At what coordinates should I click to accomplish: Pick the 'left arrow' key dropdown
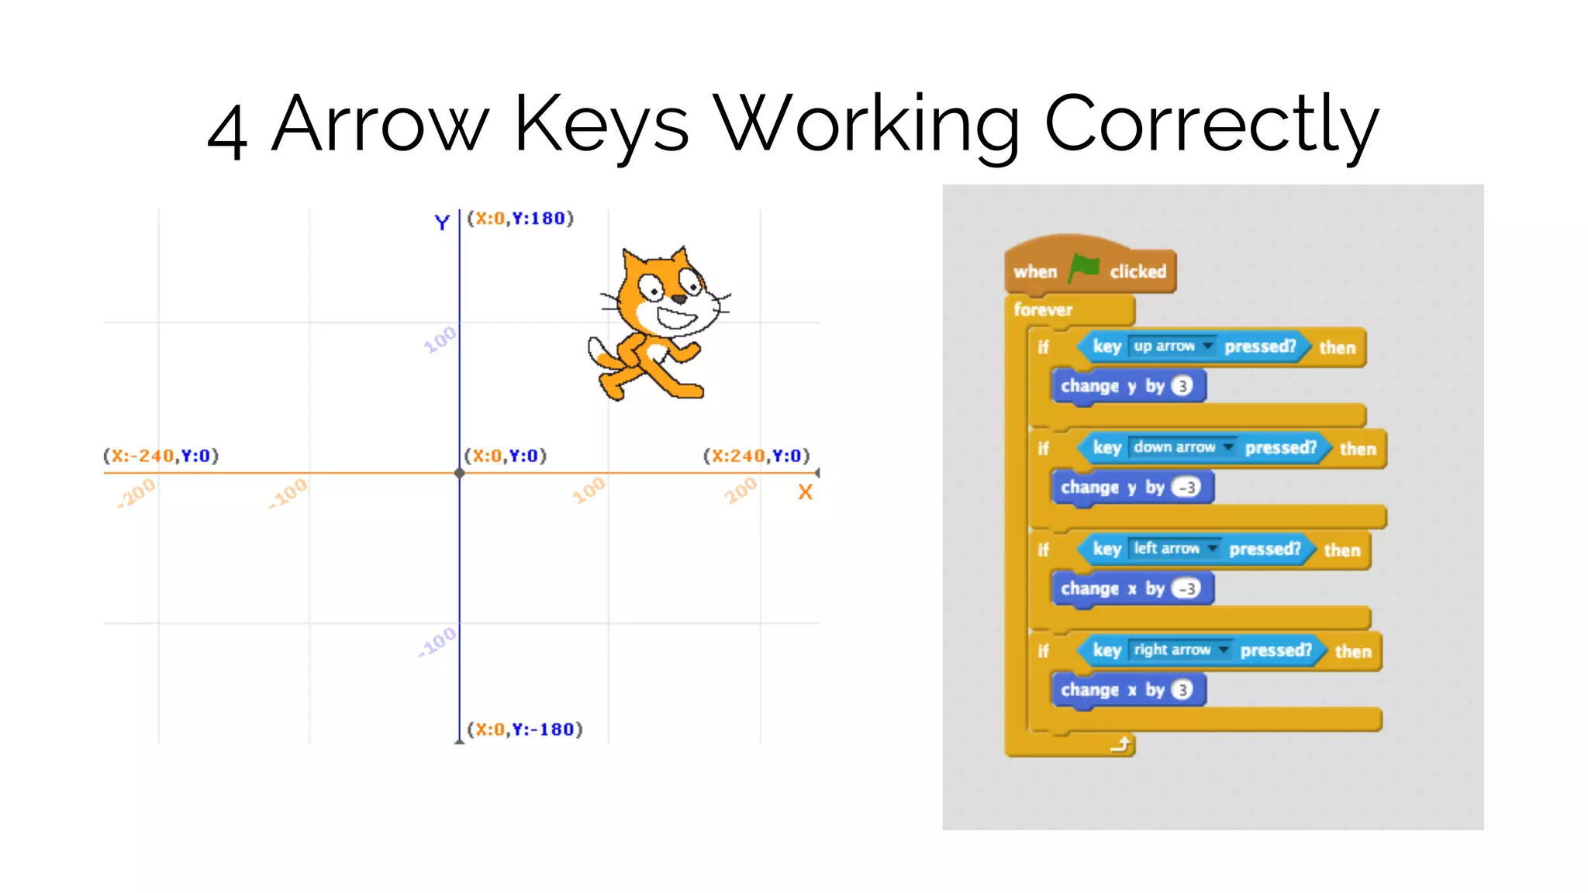tap(1175, 548)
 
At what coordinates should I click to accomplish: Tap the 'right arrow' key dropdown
tap(1180, 650)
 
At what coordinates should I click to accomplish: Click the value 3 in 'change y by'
tap(1182, 386)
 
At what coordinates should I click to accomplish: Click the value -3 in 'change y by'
tap(1186, 488)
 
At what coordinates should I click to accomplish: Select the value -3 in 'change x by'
tap(1186, 588)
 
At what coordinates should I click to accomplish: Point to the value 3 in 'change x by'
tap(1182, 690)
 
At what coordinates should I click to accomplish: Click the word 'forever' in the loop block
tap(1043, 310)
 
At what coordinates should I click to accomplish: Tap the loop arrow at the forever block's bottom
tap(1121, 745)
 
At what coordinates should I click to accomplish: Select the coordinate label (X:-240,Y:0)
tap(161, 456)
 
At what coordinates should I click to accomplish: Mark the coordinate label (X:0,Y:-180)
tap(525, 729)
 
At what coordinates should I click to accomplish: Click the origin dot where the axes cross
tap(459, 473)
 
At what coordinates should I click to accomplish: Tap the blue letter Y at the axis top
tap(442, 222)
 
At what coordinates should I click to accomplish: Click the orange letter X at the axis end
tap(806, 492)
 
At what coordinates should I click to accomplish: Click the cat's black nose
tap(679, 298)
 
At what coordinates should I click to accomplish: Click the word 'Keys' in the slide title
tap(601, 124)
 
